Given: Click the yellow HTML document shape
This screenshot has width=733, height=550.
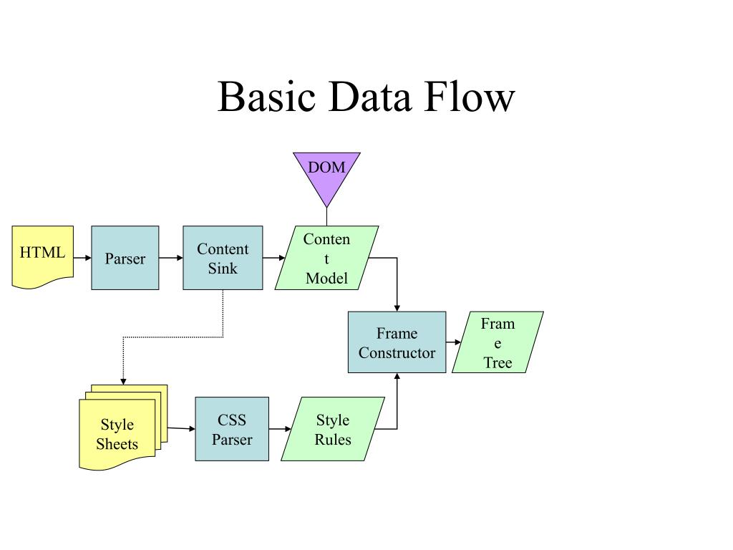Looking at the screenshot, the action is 42,257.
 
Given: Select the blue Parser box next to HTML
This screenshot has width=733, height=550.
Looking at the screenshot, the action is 125,258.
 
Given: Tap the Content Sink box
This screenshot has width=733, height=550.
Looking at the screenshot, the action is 223,258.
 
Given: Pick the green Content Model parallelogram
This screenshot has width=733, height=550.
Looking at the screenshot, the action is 326,258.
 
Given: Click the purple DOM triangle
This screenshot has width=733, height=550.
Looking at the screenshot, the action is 326,174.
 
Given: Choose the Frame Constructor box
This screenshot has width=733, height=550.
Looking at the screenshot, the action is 397,342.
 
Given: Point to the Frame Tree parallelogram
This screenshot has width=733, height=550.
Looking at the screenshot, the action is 497,342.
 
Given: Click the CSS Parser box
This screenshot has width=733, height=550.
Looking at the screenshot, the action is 232,429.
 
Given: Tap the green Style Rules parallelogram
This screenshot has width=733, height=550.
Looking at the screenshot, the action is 332,429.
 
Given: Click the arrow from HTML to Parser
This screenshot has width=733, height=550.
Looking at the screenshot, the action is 82,258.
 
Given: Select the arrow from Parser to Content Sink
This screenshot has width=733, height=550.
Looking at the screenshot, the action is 170,258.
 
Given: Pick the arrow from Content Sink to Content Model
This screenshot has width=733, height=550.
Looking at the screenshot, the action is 274,258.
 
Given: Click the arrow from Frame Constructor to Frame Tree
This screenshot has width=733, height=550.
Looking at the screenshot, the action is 453,342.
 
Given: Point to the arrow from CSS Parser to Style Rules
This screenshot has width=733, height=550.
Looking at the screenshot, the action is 280,429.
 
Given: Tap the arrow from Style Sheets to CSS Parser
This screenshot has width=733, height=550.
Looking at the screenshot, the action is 181,428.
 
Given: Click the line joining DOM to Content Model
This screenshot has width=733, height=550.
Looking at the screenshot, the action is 326,217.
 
